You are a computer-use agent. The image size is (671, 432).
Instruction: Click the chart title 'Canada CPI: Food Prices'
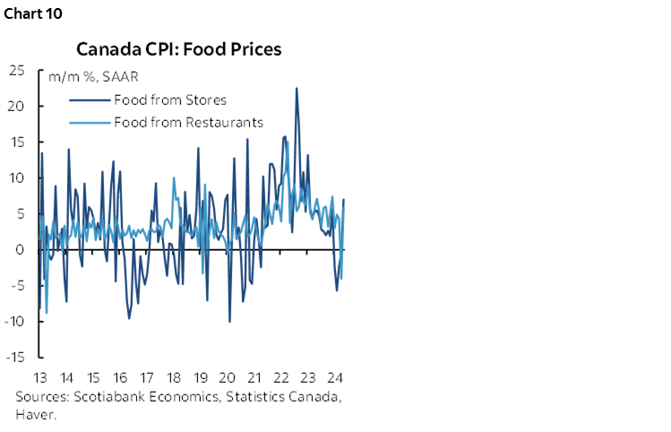click(x=178, y=48)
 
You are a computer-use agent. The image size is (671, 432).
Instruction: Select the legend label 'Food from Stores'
click(x=169, y=99)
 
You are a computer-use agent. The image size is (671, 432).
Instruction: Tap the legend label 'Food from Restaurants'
click(x=188, y=122)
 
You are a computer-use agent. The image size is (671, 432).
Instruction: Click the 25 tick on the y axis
click(x=16, y=70)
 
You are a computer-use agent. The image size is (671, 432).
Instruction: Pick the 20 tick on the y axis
click(x=16, y=106)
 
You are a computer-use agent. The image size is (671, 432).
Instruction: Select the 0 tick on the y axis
click(x=20, y=249)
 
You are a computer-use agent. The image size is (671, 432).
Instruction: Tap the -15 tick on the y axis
click(x=14, y=357)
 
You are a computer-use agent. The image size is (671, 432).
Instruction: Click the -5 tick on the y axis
click(x=17, y=285)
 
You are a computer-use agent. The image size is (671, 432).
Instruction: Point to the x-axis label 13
click(x=39, y=377)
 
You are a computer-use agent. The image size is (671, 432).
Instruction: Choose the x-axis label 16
click(x=120, y=377)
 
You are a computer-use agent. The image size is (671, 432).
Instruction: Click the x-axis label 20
click(x=227, y=377)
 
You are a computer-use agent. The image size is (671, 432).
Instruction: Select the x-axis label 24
click(x=334, y=377)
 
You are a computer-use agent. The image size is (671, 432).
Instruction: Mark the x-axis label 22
click(x=280, y=377)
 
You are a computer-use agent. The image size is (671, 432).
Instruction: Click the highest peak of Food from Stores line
click(x=297, y=88)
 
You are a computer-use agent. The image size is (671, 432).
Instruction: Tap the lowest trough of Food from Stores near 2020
click(x=230, y=321)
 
